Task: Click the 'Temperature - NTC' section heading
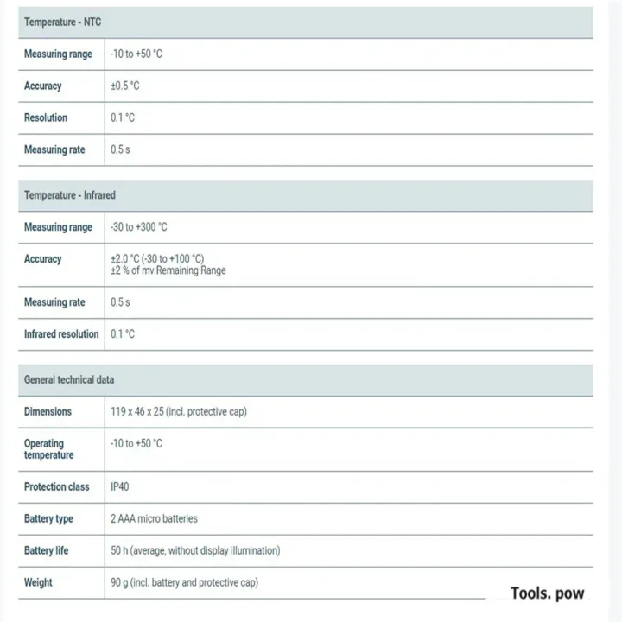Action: pos(62,22)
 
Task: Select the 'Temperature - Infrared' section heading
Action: pos(69,195)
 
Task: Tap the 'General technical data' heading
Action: pos(69,379)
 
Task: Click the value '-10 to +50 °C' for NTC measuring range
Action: pos(136,54)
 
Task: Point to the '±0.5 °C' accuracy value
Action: pos(125,86)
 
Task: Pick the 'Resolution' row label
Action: pos(46,117)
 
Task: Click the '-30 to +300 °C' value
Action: pos(139,227)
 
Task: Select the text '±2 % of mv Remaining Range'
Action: pos(168,270)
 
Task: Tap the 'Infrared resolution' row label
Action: pos(61,333)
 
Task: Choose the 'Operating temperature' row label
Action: pos(48,449)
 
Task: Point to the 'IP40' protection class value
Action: pos(119,486)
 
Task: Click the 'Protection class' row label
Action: pos(56,486)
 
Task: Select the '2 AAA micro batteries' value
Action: pos(154,518)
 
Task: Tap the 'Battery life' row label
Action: pos(46,550)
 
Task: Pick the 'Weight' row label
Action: pos(38,582)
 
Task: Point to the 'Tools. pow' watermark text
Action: pos(547,593)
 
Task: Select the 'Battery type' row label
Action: pos(48,518)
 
